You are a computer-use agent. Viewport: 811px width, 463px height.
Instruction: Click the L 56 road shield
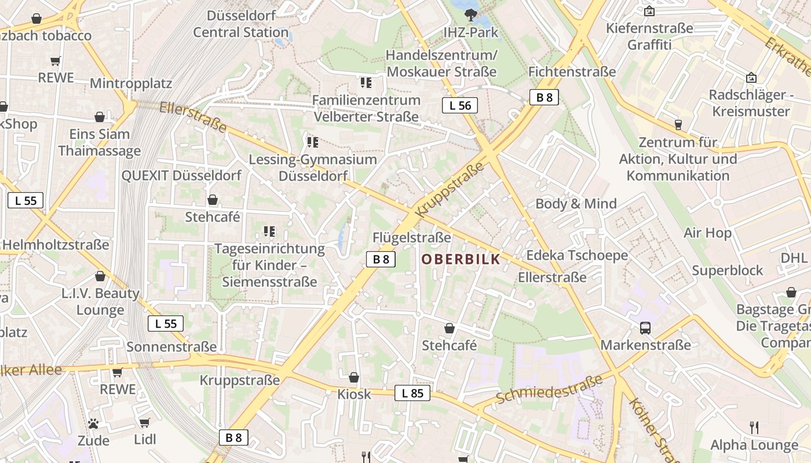click(x=461, y=105)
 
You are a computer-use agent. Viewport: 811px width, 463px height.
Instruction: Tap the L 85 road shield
click(x=412, y=393)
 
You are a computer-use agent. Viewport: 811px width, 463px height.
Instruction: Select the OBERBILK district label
click(x=461, y=259)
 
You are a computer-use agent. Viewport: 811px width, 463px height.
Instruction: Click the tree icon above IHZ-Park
click(x=470, y=15)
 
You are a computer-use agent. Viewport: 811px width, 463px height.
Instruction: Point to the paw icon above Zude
click(x=93, y=424)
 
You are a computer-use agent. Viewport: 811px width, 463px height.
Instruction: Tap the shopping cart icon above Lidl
click(x=145, y=422)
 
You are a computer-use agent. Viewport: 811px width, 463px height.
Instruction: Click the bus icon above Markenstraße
click(x=645, y=328)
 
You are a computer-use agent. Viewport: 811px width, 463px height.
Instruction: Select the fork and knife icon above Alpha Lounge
click(x=754, y=428)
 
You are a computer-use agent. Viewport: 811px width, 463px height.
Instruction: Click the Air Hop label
click(x=707, y=233)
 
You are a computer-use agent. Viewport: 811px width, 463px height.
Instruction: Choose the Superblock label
click(x=728, y=270)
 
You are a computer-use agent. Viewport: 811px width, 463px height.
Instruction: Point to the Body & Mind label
click(x=576, y=203)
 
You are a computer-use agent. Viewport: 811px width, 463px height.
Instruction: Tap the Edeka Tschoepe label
click(x=576, y=255)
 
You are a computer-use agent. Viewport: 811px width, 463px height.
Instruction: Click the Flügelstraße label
click(x=411, y=237)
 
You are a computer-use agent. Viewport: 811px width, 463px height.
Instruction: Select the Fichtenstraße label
click(x=572, y=72)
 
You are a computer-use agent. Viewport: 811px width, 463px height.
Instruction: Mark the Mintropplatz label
click(x=131, y=83)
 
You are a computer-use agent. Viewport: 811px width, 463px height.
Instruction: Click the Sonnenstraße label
click(x=171, y=347)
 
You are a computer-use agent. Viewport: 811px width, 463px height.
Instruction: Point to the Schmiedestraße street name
click(x=548, y=390)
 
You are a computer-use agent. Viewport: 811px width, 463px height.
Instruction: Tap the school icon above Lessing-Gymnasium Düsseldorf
click(x=313, y=142)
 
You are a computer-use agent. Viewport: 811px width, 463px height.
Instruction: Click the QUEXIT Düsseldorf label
click(x=181, y=175)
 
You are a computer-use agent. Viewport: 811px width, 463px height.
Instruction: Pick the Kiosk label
click(x=354, y=394)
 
